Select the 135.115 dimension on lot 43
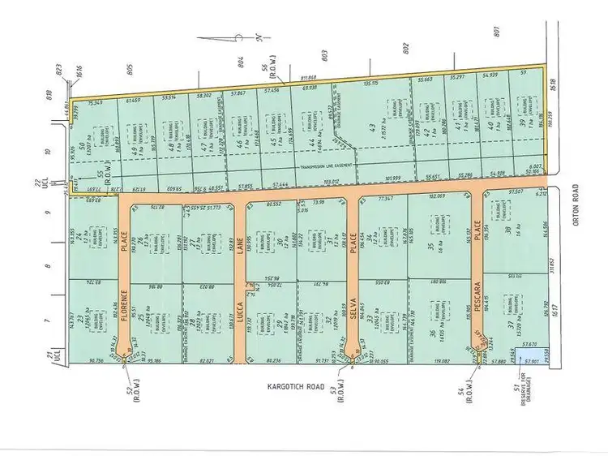(370, 84)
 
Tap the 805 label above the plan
(130, 71)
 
